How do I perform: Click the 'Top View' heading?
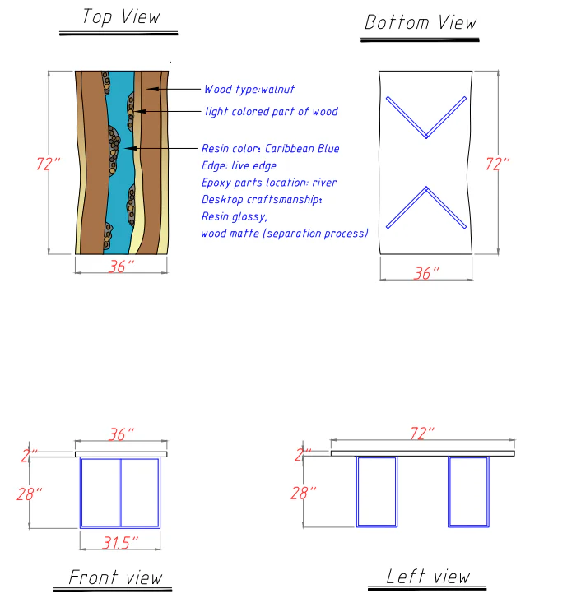click(121, 17)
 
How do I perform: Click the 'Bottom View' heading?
click(421, 22)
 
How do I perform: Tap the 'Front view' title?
click(115, 577)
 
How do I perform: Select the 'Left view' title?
click(428, 576)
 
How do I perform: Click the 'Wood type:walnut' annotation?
click(249, 89)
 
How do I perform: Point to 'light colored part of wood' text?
click(271, 111)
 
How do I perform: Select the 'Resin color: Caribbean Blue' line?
click(270, 149)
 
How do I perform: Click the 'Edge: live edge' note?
click(239, 166)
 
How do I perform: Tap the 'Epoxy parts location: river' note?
click(269, 183)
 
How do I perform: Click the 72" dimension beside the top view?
click(49, 164)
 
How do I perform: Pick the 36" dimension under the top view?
click(122, 267)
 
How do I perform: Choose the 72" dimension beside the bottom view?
click(497, 164)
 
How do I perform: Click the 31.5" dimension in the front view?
click(119, 540)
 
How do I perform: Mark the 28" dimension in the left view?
click(303, 493)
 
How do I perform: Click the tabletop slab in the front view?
click(121, 453)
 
